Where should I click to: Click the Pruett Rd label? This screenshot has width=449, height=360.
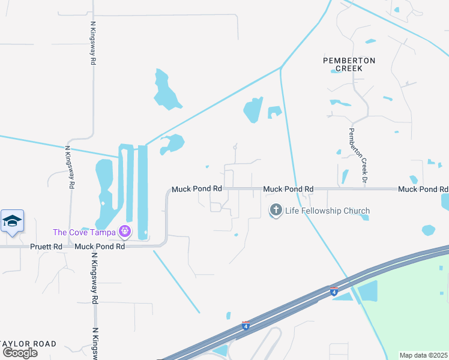(46, 247)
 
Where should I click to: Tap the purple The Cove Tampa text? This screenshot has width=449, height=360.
(85, 232)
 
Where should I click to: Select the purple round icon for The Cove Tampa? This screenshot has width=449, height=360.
(124, 231)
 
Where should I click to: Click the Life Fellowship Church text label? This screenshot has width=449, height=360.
(327, 211)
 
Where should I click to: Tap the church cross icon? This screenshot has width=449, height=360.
(276, 211)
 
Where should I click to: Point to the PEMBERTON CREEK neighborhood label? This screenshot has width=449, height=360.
(349, 64)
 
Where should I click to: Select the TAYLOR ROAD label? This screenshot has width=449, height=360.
(29, 344)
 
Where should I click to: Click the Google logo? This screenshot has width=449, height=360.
(20, 352)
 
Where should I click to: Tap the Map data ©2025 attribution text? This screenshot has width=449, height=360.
(423, 355)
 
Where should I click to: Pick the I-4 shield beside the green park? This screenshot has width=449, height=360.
(334, 292)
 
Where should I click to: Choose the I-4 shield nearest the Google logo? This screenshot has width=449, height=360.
(246, 326)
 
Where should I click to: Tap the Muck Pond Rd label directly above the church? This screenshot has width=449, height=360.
(288, 189)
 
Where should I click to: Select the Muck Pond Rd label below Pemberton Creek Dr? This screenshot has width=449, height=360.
(423, 189)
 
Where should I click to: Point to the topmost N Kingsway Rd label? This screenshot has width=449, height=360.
(94, 43)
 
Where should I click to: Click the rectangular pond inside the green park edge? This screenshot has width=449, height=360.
(367, 291)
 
